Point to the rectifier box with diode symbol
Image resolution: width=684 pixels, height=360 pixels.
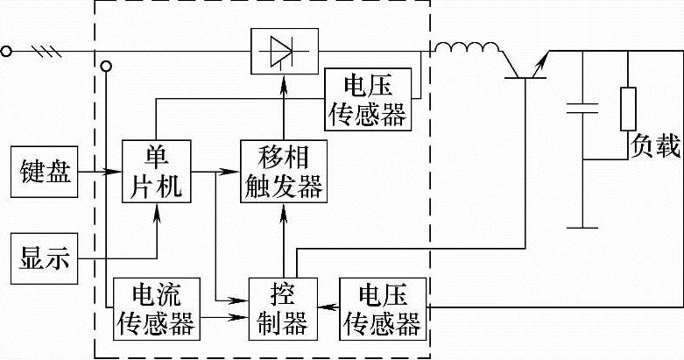pyautogui.click(x=280, y=50)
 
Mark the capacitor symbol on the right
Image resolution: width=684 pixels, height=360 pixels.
pyautogui.click(x=581, y=109)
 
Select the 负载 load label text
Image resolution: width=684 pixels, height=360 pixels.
pyautogui.click(x=655, y=146)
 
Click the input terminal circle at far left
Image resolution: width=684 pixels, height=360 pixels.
pyautogui.click(x=8, y=51)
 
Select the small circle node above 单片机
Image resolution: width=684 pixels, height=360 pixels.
pyautogui.click(x=107, y=67)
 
